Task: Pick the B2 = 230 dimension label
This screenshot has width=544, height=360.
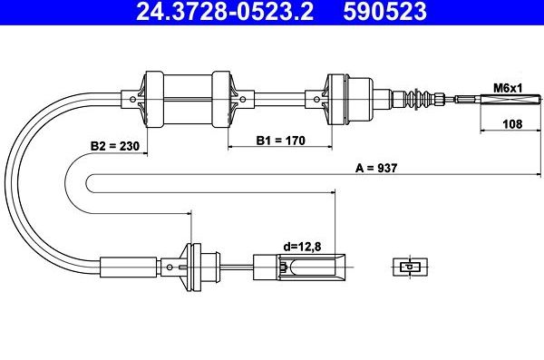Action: [x=114, y=146]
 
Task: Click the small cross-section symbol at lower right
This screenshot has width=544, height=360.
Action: [x=411, y=267]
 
